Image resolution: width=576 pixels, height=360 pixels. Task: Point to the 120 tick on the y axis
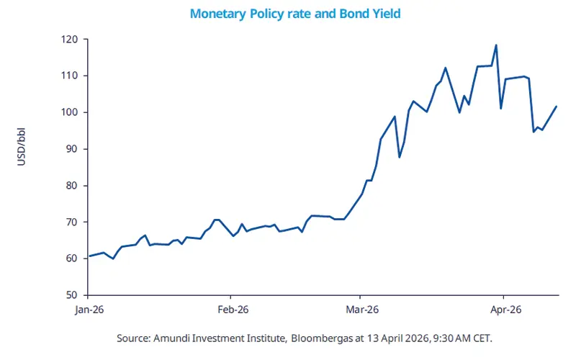click(71, 39)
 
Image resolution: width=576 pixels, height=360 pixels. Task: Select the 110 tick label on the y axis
click(71, 76)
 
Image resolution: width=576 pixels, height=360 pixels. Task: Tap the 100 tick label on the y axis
click(71, 112)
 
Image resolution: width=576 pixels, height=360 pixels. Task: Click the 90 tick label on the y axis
click(73, 149)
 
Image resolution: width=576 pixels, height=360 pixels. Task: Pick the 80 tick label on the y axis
click(73, 186)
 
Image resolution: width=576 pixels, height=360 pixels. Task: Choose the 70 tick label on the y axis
click(73, 222)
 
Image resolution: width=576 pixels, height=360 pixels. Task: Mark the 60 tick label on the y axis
click(73, 258)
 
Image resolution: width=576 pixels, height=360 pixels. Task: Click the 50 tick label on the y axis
click(73, 295)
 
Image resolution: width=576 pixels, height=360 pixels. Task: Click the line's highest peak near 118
click(496, 45)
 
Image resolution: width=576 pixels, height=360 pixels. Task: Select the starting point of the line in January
click(89, 256)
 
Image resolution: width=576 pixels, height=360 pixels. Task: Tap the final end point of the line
click(557, 107)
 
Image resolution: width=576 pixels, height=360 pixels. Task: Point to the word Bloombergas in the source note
click(325, 338)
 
